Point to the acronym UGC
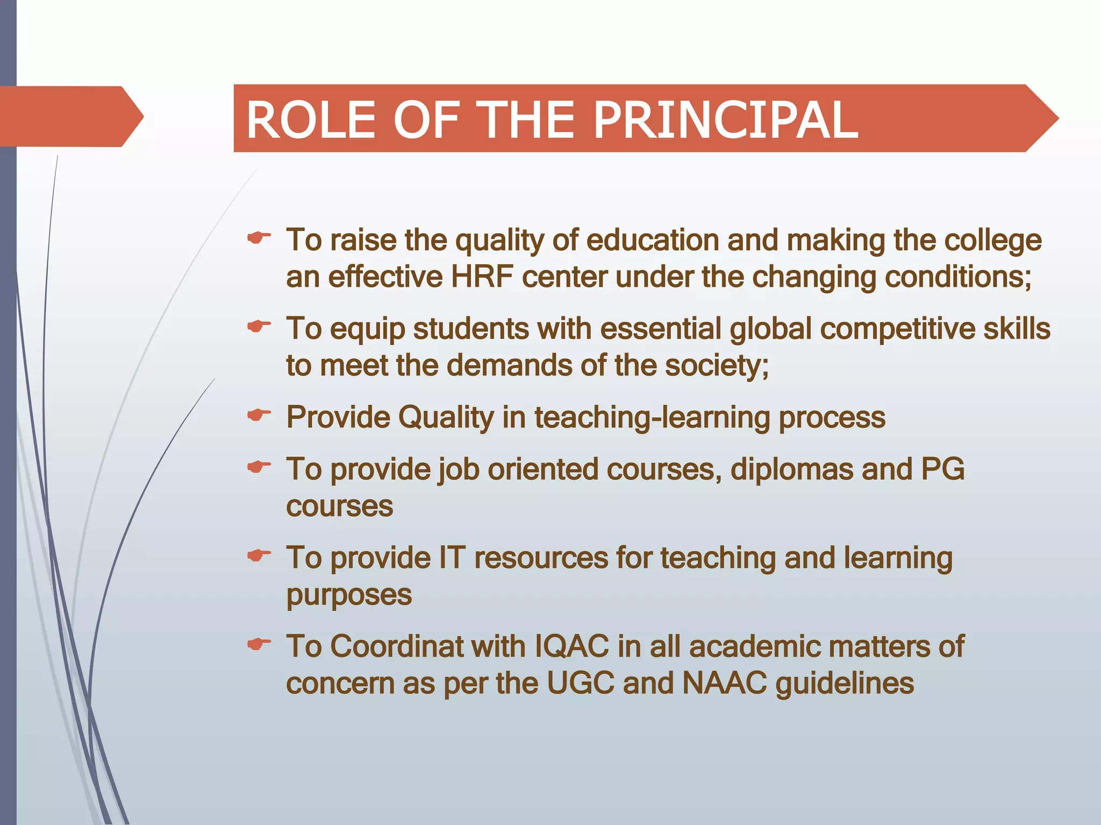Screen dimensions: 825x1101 (x=581, y=683)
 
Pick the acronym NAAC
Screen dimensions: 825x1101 (x=724, y=683)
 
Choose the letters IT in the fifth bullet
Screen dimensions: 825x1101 (x=452, y=558)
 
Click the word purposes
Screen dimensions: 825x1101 (x=349, y=595)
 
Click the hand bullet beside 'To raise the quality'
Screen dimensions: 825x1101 (x=259, y=237)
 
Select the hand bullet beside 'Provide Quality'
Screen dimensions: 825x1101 (x=259, y=415)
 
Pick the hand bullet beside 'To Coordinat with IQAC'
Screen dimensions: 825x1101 (x=259, y=643)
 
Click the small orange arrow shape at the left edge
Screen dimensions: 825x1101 (x=70, y=116)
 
